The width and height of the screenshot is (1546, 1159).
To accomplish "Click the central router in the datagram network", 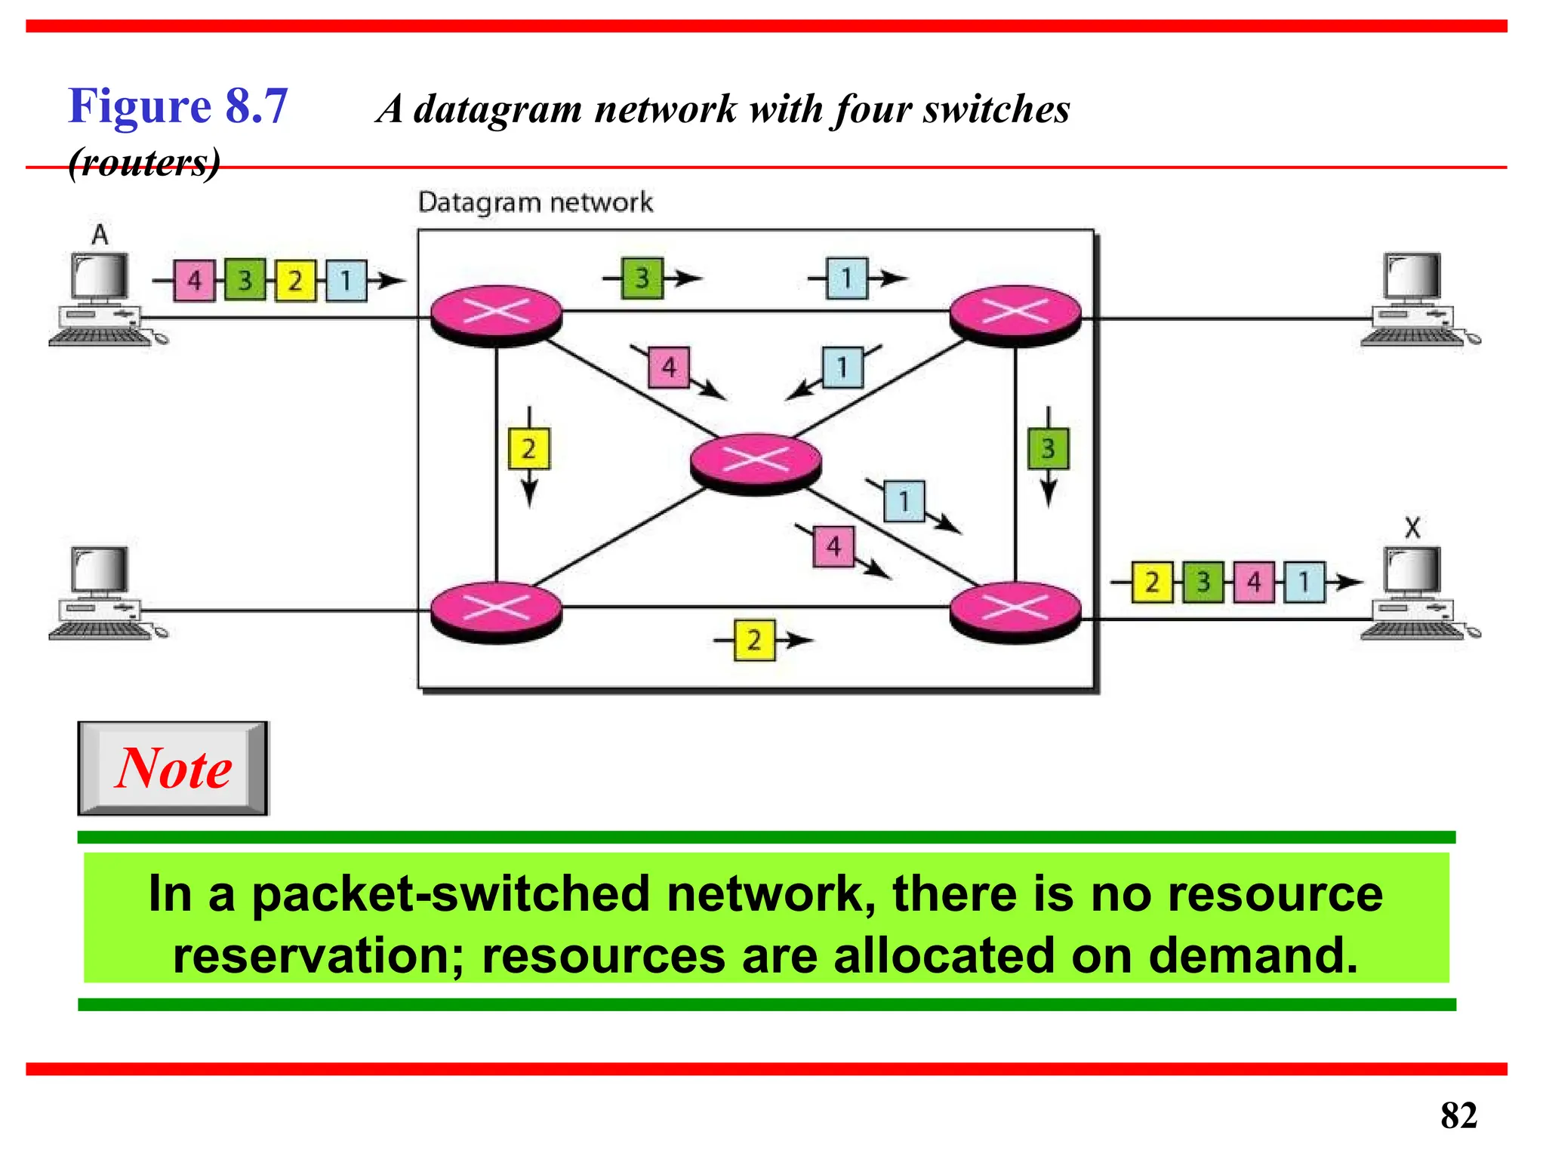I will tap(756, 461).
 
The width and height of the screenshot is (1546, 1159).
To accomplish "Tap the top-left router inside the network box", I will tap(496, 313).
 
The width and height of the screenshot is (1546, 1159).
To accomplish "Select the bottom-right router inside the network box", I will tap(1015, 610).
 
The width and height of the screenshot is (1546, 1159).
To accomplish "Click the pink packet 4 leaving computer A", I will tap(194, 281).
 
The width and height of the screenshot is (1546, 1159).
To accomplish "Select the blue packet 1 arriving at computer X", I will tap(1304, 582).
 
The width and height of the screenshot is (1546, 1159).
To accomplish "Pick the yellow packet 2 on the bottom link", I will tap(754, 641).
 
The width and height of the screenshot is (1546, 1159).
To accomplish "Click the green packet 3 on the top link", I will tap(642, 278).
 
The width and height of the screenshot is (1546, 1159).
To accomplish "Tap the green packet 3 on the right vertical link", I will tap(1048, 449).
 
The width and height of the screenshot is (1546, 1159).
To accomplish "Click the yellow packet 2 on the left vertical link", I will tap(528, 449).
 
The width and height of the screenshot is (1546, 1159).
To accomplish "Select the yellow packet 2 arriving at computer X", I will tap(1152, 582).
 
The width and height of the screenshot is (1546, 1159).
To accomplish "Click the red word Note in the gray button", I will tap(174, 768).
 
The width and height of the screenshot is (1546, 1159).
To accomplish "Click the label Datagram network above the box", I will tap(535, 202).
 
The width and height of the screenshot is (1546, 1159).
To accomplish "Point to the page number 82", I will tap(1458, 1114).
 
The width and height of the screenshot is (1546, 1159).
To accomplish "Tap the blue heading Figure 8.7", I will tap(178, 106).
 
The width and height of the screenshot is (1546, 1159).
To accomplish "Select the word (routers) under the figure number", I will tap(144, 162).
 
